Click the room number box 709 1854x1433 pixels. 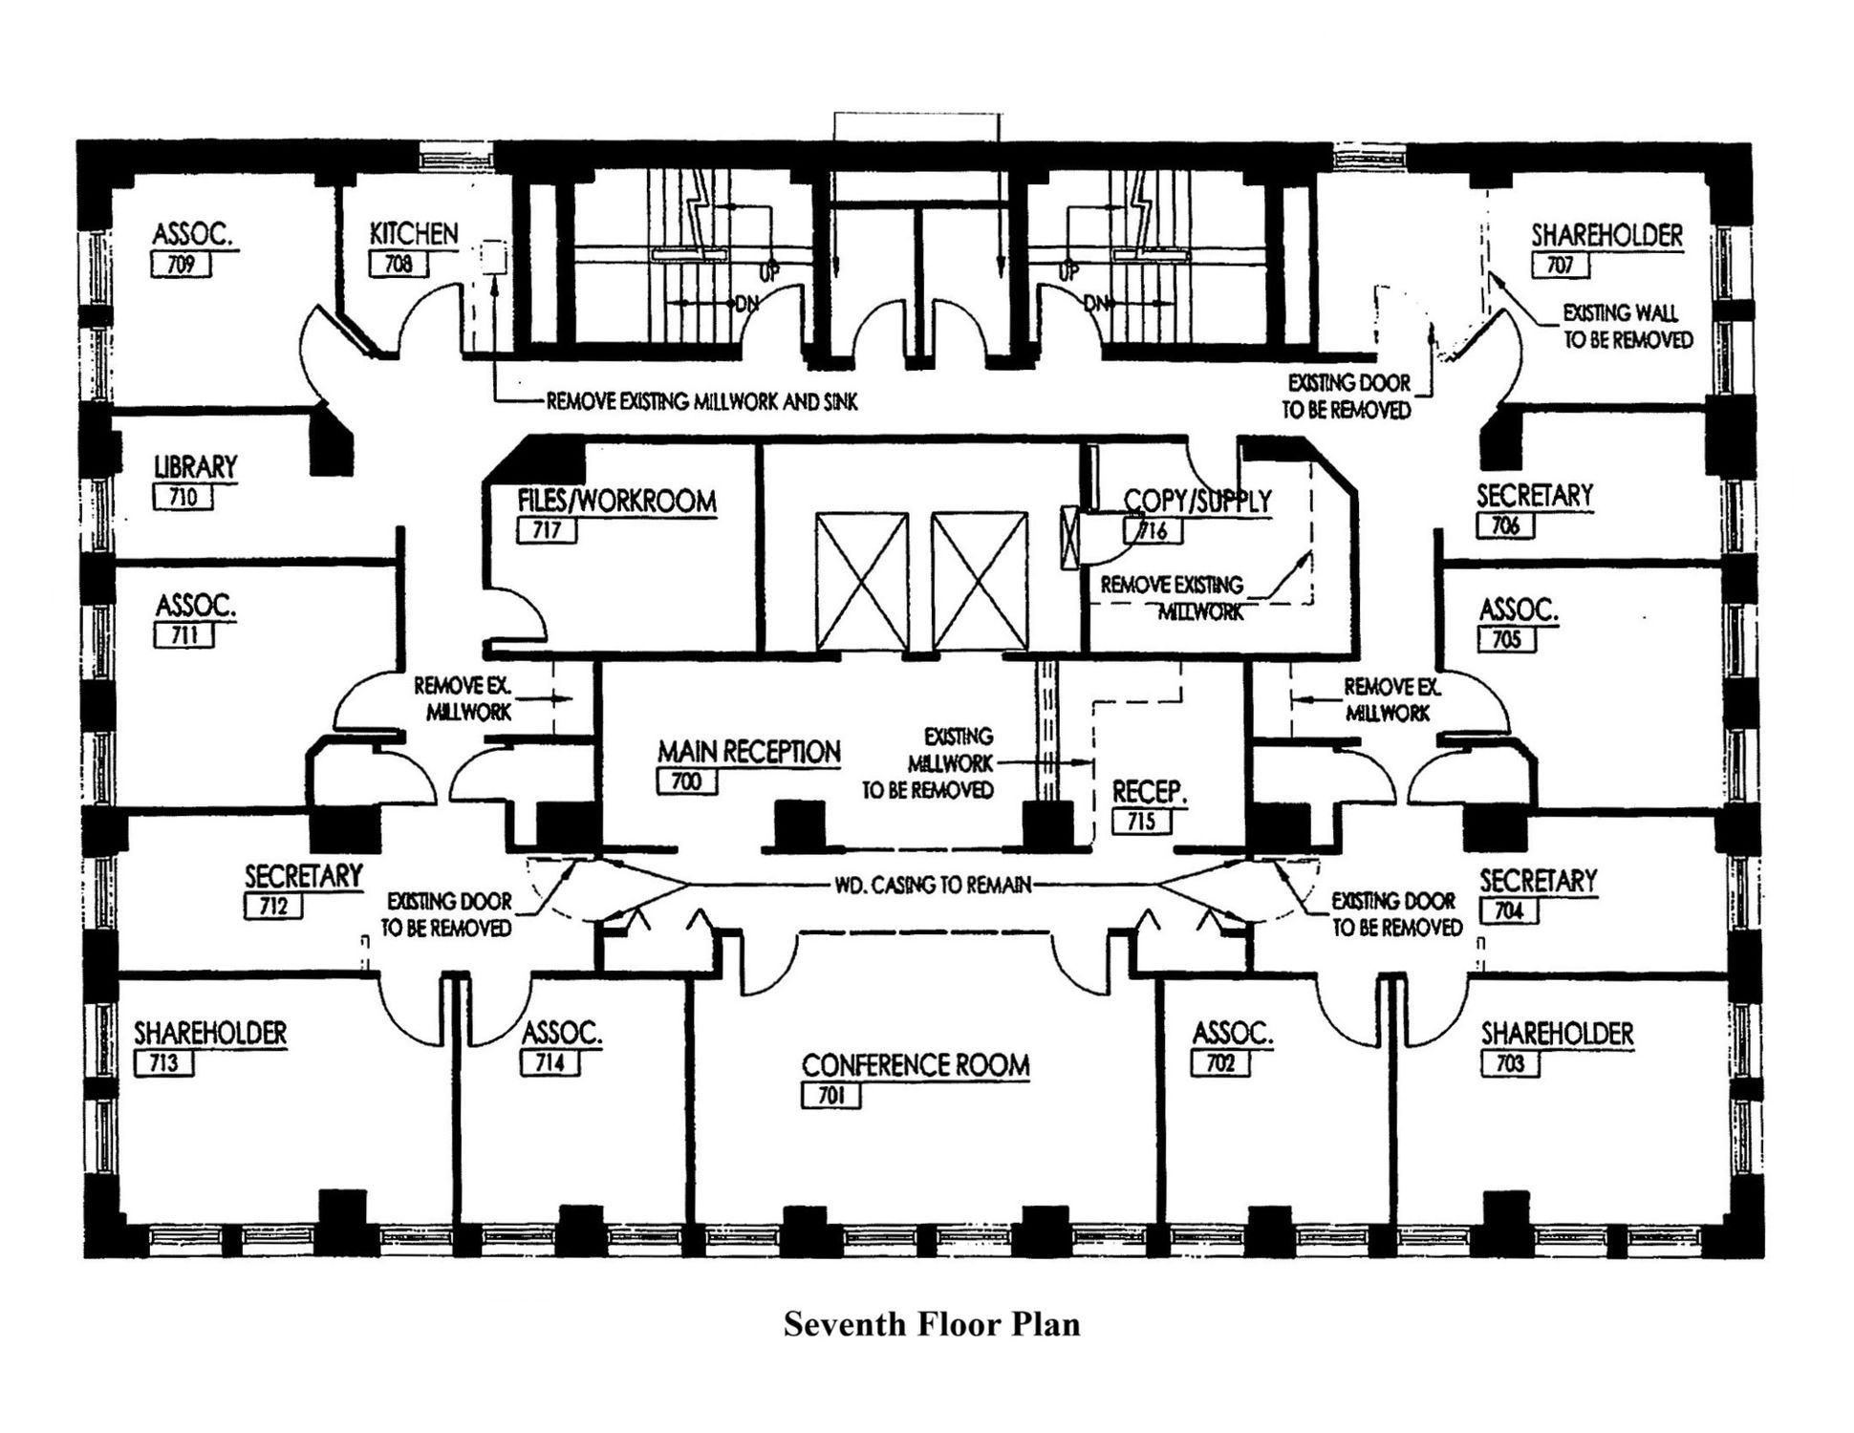pyautogui.click(x=181, y=265)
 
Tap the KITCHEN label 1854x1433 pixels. pyautogui.click(x=414, y=234)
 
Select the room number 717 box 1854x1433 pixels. pyautogui.click(x=547, y=530)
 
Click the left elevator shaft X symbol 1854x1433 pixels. pyautogui.click(x=862, y=581)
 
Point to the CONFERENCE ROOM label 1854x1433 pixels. pyautogui.click(x=915, y=1065)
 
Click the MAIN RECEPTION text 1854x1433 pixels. pyautogui.click(x=748, y=752)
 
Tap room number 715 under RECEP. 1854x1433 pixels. pyautogui.click(x=1140, y=821)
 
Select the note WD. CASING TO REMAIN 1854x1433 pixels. pyautogui.click(x=933, y=886)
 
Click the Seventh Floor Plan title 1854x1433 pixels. pyautogui.click(x=932, y=1324)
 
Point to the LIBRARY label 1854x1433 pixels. pyautogui.click(x=195, y=467)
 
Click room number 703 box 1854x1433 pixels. pyautogui.click(x=1509, y=1063)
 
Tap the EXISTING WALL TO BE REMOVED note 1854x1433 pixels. pyautogui.click(x=1627, y=326)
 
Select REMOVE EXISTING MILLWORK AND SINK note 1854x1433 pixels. pyautogui.click(x=701, y=402)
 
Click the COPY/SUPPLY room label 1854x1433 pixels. pyautogui.click(x=1196, y=501)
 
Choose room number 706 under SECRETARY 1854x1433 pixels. pyautogui.click(x=1504, y=525)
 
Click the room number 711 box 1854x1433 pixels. pyautogui.click(x=183, y=635)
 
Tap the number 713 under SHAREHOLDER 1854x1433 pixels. pyautogui.click(x=163, y=1062)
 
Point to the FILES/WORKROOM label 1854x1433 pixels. pyautogui.click(x=616, y=501)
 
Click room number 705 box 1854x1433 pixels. pyautogui.click(x=1506, y=639)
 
